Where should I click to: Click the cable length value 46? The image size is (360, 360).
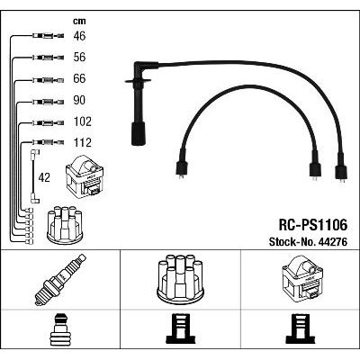click(79, 36)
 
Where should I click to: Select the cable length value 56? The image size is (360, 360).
click(79, 58)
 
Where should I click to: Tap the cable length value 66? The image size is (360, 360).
click(79, 78)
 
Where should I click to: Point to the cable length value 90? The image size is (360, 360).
click(79, 100)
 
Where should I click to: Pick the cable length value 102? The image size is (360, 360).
click(83, 121)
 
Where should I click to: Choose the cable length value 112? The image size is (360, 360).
click(83, 142)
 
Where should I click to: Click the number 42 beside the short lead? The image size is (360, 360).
click(44, 177)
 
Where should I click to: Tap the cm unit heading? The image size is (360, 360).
click(79, 21)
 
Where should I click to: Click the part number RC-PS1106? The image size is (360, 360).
click(313, 225)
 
